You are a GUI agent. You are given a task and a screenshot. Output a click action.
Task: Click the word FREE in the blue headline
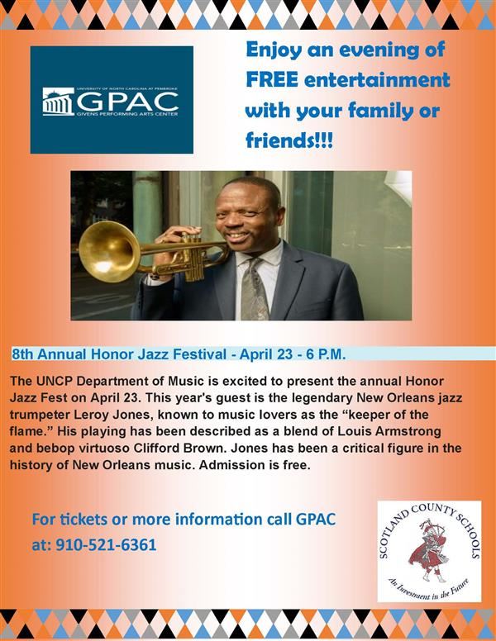[272, 80]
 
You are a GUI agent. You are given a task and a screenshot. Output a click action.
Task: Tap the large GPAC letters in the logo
[127, 101]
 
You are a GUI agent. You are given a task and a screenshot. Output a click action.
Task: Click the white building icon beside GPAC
[58, 102]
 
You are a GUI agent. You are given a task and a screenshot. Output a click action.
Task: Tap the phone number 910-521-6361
[106, 545]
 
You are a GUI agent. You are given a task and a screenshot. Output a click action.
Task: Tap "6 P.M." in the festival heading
[327, 354]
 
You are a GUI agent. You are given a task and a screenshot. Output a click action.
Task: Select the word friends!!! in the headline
[289, 141]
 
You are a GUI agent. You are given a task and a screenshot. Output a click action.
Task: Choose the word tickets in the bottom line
[83, 520]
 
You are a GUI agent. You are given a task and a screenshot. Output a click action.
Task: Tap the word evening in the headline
[379, 50]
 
